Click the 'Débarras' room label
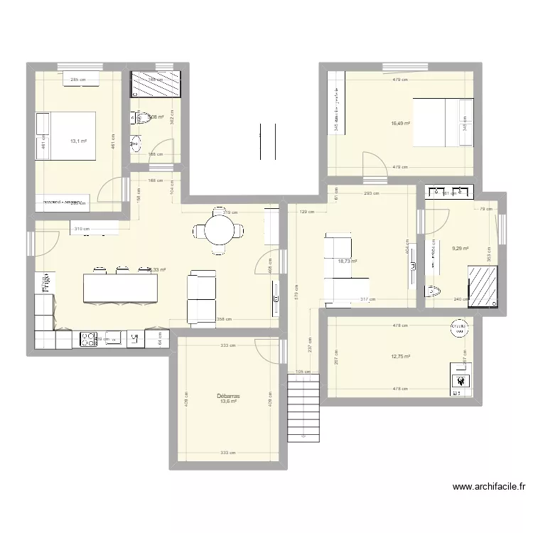(229, 395)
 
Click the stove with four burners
(89, 339)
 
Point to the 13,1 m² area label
(78, 141)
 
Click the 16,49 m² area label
(402, 124)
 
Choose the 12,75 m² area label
(402, 357)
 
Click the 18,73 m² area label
(348, 262)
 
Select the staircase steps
(305, 411)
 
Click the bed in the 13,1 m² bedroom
(67, 135)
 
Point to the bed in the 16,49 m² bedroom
(441, 122)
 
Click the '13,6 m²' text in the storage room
(228, 402)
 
